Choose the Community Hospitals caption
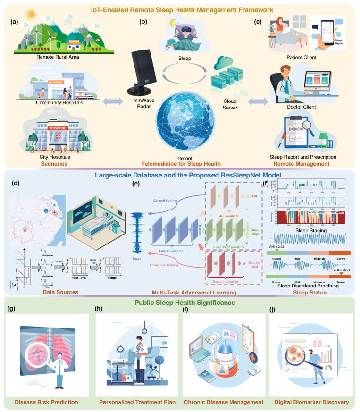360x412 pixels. pos(59,102)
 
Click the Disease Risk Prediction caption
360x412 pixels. pos(46,403)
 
